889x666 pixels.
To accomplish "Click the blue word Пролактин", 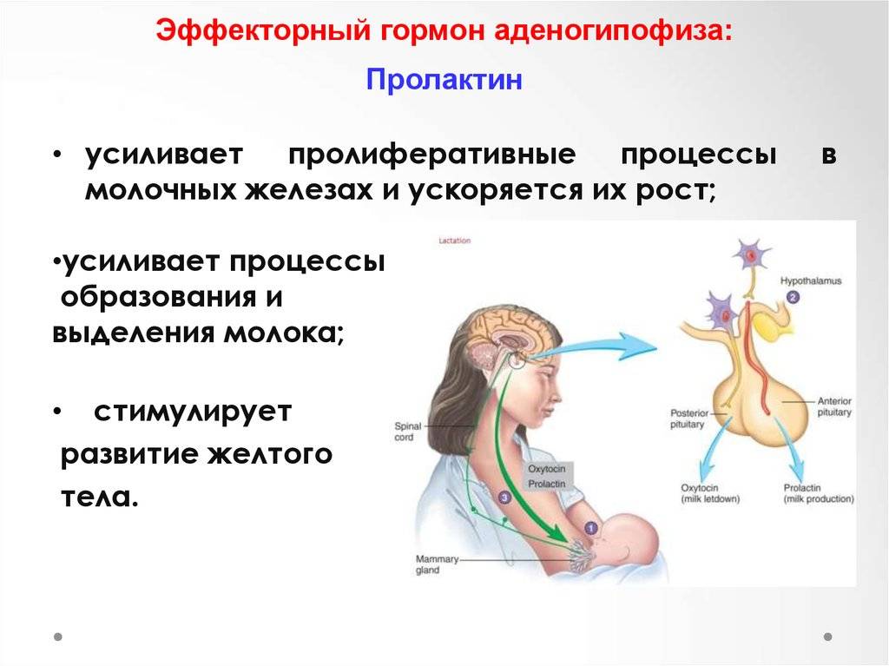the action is (x=444, y=79).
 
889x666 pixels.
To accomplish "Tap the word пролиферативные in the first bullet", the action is (x=432, y=155).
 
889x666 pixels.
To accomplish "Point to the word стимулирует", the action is (x=193, y=412).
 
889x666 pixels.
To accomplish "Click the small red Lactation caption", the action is (x=455, y=241).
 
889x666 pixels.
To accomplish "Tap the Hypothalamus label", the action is (x=811, y=280).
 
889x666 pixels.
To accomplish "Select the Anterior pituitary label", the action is (x=834, y=406).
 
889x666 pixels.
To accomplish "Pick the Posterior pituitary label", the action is (x=688, y=419).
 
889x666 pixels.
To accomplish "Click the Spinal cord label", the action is (x=408, y=432).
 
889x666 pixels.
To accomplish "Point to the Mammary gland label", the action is (x=437, y=564).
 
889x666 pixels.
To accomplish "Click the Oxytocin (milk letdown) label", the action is (x=710, y=493).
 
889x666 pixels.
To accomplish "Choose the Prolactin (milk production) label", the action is (x=818, y=493).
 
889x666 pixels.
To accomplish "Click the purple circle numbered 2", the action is (x=793, y=297).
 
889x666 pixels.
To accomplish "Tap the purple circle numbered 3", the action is (x=504, y=498).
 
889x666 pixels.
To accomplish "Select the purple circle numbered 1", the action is (x=590, y=528).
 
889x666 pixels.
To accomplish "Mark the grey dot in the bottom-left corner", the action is (x=58, y=636).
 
